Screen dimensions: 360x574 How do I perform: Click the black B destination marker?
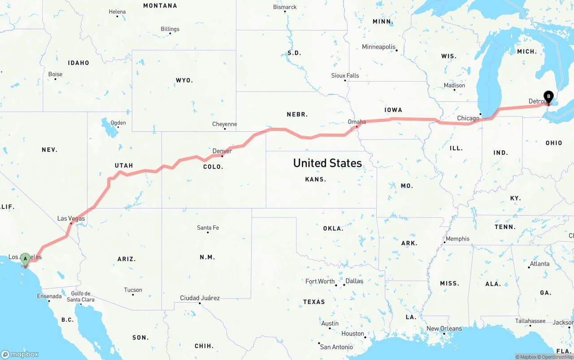548,95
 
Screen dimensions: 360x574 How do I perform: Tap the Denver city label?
222,151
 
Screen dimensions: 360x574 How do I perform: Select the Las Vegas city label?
71,218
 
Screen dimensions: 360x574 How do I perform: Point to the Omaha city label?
357,121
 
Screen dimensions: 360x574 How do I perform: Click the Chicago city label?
468,118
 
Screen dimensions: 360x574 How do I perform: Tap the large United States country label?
327,163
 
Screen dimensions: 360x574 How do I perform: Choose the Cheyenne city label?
225,124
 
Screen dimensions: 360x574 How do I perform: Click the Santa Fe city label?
208,228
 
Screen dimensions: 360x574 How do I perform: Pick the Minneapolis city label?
379,47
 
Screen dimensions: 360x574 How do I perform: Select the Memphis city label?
457,239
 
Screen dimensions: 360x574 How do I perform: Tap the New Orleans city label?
444,329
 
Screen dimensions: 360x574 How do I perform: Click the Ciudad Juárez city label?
200,298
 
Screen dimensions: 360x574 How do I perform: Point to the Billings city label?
170,29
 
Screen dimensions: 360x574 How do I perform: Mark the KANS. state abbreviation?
316,179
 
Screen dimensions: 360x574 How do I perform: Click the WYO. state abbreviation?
184,80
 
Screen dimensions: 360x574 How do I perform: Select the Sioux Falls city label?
345,75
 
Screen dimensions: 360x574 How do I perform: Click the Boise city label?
56,74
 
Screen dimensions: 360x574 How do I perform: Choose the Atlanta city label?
539,264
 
